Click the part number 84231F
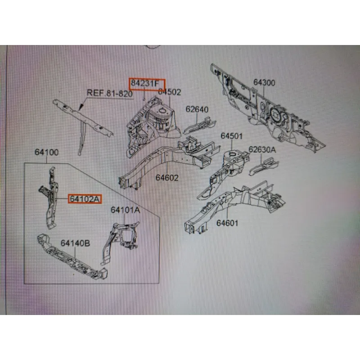148,84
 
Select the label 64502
169,93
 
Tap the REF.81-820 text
109,93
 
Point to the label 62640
197,109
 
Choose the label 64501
232,136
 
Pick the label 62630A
262,149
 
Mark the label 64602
167,178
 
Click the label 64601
227,223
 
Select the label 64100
47,153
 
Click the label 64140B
75,243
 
